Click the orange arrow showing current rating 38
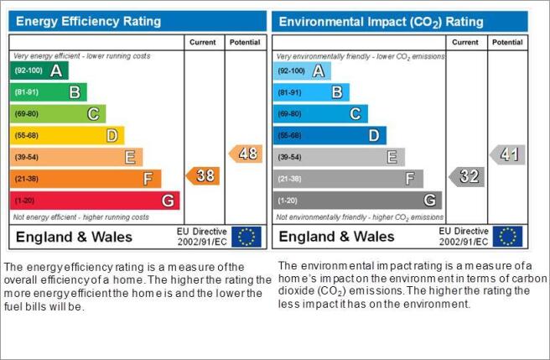point(203,175)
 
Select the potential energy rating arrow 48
point(246,154)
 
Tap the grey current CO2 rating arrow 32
point(466,177)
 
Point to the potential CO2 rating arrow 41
point(507,154)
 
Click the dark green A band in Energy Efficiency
point(39,70)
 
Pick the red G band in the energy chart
point(95,201)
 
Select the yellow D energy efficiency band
point(67,136)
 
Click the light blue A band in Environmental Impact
point(302,71)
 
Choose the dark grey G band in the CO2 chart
point(357,201)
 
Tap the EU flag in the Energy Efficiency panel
point(246,237)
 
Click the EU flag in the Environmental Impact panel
point(507,237)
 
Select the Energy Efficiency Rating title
point(88,22)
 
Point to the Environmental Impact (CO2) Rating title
point(381,22)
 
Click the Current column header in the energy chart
point(203,42)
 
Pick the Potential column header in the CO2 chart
point(507,42)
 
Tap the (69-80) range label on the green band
point(27,114)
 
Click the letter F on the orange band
point(148,179)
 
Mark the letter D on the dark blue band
point(374,136)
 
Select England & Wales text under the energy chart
point(74,237)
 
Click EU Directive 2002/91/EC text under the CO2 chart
point(464,237)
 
